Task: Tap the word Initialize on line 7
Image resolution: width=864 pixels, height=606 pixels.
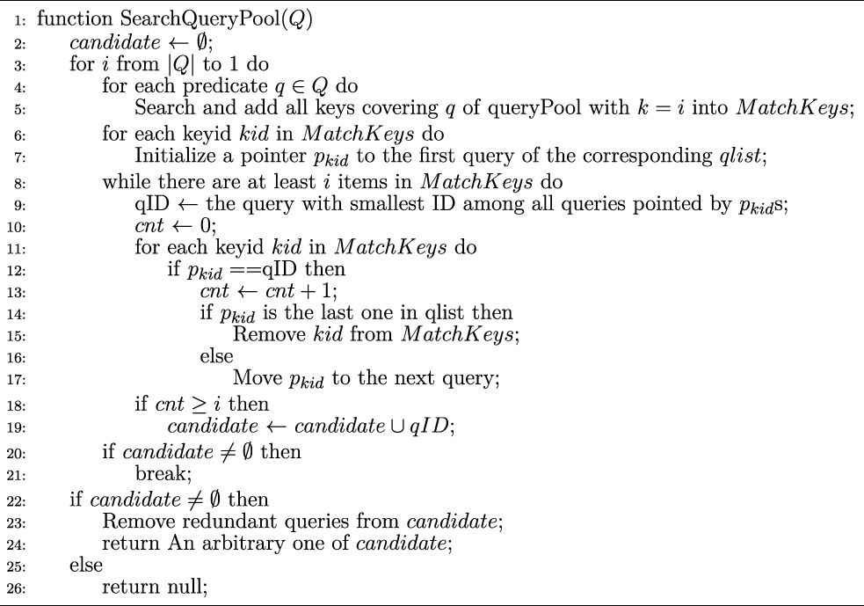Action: point(170,157)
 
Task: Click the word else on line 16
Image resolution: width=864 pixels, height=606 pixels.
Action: point(216,357)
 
